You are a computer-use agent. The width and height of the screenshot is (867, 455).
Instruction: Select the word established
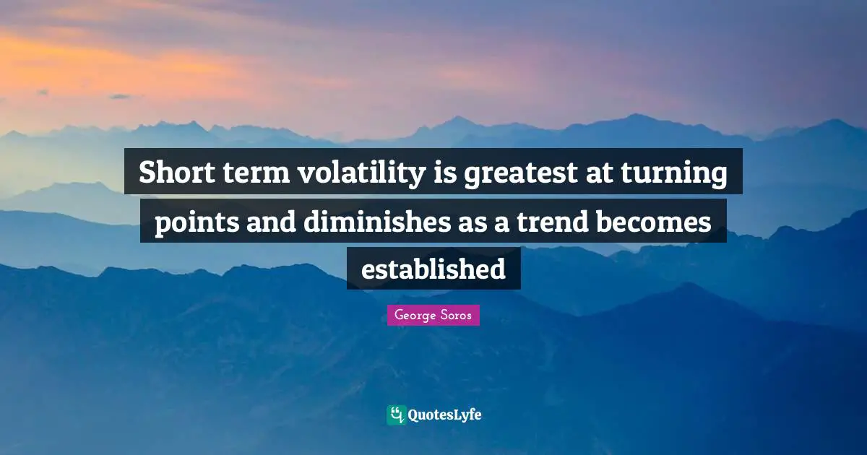(433, 269)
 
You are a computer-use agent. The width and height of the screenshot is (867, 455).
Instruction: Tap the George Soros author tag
(433, 316)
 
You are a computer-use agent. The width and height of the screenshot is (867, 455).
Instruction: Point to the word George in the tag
(414, 316)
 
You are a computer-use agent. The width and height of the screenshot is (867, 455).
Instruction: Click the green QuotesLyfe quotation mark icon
(395, 415)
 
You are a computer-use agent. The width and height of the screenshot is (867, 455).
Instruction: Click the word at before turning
(608, 175)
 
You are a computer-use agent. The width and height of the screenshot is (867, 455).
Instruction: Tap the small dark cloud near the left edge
(121, 96)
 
